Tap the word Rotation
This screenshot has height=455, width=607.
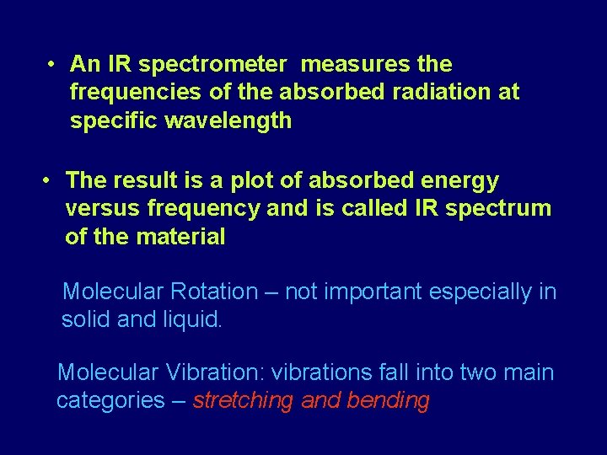tap(214, 292)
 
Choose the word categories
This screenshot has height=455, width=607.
tap(110, 401)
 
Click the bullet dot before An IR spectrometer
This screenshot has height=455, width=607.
tap(51, 65)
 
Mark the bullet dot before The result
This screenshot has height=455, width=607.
tap(48, 180)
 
